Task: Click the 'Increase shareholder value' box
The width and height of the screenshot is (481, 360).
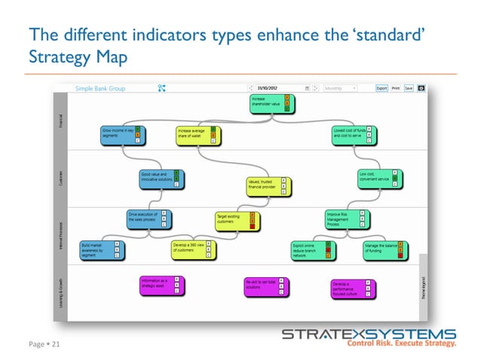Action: click(268, 104)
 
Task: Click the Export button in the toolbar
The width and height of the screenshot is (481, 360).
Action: click(382, 88)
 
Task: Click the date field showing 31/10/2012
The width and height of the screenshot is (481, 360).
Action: click(280, 88)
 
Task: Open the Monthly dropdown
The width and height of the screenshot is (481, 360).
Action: click(340, 88)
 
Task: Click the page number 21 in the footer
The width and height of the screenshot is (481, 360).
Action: click(54, 344)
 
